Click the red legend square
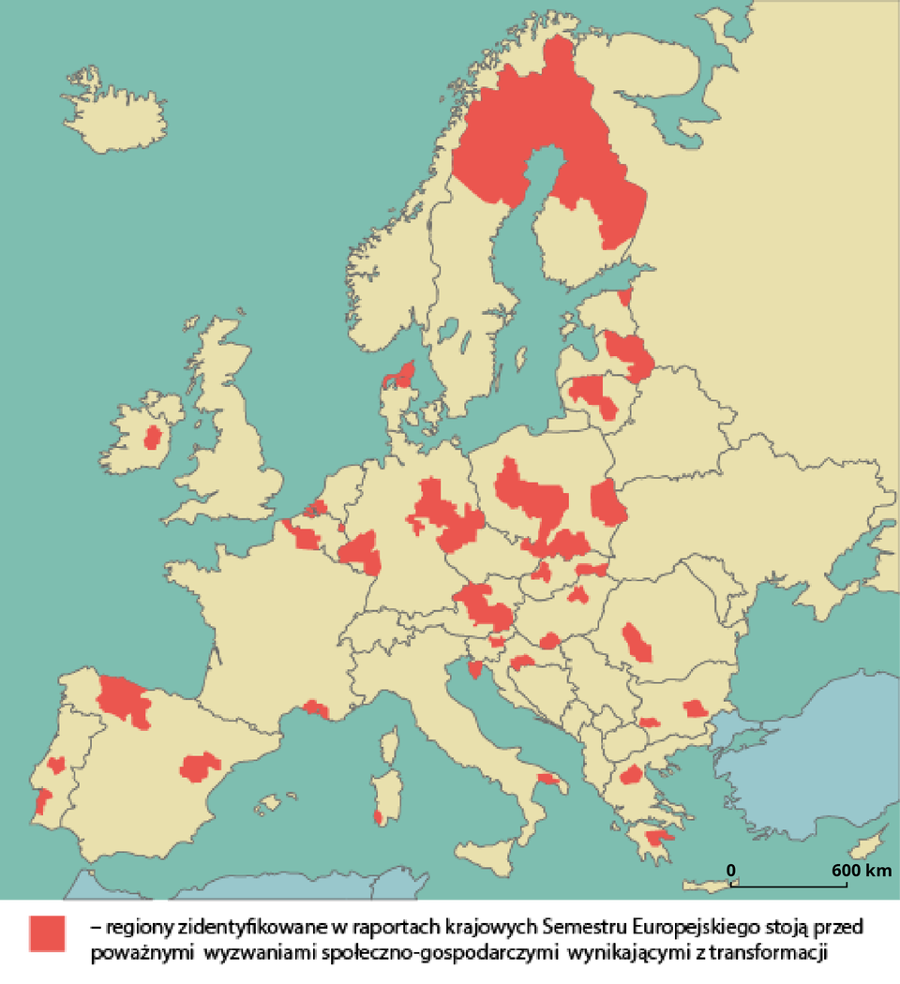click(47, 934)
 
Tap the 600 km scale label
click(861, 871)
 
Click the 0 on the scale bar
click(731, 871)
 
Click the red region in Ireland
click(152, 438)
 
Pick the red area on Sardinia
click(378, 817)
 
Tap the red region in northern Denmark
click(402, 375)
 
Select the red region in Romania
click(637, 643)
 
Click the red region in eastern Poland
click(607, 503)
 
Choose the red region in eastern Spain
click(199, 767)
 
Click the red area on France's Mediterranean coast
click(316, 708)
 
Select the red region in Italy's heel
click(547, 779)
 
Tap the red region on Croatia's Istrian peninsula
click(475, 669)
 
